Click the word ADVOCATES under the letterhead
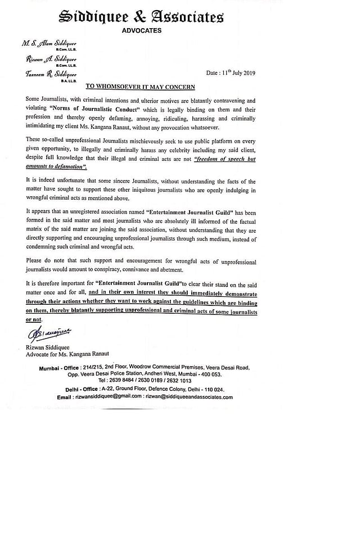click(142, 31)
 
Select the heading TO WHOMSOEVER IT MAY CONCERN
click(140, 87)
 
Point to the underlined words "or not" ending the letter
click(34, 319)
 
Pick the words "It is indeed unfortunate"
click(58, 182)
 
